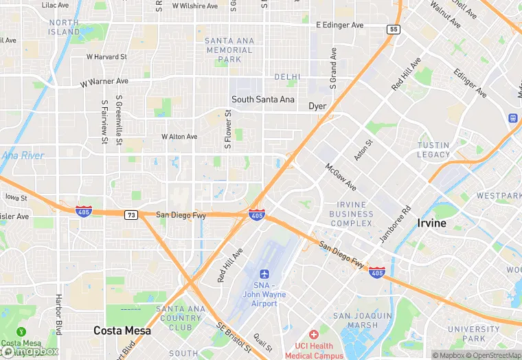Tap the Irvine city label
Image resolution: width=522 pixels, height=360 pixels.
[431, 223]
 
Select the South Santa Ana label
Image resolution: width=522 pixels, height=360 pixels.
[262, 100]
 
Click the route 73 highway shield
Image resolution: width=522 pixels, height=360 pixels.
[130, 215]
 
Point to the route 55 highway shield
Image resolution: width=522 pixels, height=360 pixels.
[393, 30]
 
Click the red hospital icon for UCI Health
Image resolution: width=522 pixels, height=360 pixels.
[314, 335]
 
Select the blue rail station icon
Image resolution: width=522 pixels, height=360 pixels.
[512, 117]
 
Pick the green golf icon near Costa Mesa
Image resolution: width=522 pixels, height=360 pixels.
[20, 332]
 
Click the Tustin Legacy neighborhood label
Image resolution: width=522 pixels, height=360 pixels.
[433, 150]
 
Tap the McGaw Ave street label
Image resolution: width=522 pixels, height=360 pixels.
[341, 177]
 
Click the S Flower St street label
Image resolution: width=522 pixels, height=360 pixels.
[228, 131]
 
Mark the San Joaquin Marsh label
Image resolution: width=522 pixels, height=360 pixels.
[355, 320]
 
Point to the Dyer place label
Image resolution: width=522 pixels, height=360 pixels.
[317, 106]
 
